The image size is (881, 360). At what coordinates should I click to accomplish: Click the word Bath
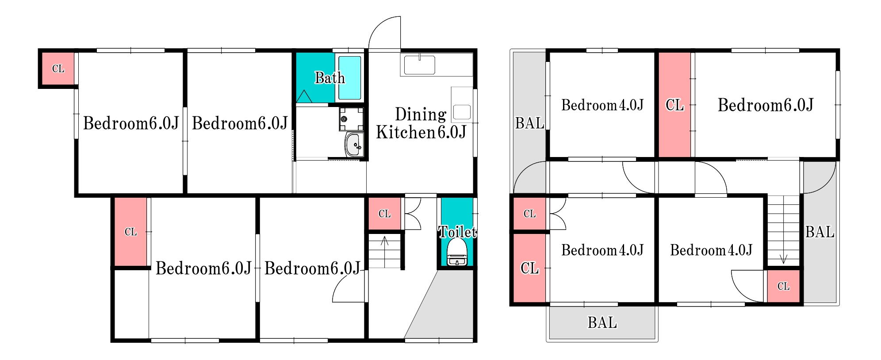tap(329, 78)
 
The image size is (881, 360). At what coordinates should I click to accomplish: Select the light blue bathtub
tap(350, 78)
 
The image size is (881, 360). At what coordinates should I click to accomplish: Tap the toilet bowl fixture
tap(457, 252)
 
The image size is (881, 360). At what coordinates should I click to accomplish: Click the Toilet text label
tap(457, 232)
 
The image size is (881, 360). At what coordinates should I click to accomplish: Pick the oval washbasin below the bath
tap(354, 144)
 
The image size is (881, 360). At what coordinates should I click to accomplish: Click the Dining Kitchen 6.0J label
tap(421, 123)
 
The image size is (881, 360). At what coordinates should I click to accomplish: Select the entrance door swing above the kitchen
tap(384, 32)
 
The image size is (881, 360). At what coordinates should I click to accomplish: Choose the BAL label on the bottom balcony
tap(602, 322)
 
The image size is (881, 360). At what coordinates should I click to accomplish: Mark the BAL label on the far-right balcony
tap(820, 232)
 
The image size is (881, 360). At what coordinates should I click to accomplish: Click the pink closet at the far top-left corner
tap(58, 69)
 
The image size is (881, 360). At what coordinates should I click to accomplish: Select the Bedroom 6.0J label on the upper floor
tap(766, 105)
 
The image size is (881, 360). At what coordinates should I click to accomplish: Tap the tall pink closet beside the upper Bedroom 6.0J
tap(674, 105)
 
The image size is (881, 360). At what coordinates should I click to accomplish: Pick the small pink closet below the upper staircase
tap(783, 286)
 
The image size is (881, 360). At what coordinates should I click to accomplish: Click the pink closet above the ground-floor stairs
tap(384, 214)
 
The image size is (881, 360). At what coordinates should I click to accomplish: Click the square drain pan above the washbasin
tap(351, 119)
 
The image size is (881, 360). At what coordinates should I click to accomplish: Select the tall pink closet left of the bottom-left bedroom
tap(130, 232)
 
